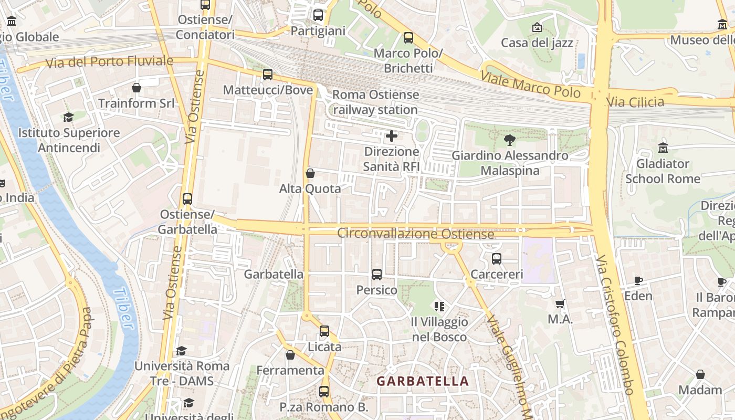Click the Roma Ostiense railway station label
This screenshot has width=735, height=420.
click(375, 102)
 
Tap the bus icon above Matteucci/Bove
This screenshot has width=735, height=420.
click(268, 75)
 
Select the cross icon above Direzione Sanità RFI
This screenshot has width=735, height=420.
click(391, 136)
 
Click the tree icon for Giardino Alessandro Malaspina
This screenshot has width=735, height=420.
click(509, 140)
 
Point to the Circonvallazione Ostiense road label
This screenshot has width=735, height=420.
click(415, 233)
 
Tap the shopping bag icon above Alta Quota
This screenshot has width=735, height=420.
click(310, 173)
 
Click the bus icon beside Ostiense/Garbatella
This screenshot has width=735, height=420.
click(187, 199)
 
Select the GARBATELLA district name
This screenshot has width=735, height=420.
click(423, 381)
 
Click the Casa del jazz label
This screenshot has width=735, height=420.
click(537, 43)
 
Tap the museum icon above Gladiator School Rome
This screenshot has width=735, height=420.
click(663, 148)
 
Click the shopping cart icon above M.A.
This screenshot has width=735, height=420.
click(560, 304)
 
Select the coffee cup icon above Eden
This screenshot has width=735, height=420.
click(638, 281)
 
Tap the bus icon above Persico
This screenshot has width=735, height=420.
click(376, 274)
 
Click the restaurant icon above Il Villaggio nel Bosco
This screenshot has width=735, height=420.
click(439, 306)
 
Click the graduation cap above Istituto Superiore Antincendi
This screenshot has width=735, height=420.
click(68, 117)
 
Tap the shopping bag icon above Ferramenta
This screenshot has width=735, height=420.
click(290, 355)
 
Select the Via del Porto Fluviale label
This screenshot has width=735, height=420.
click(109, 62)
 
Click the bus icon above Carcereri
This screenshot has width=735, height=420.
click(496, 258)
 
